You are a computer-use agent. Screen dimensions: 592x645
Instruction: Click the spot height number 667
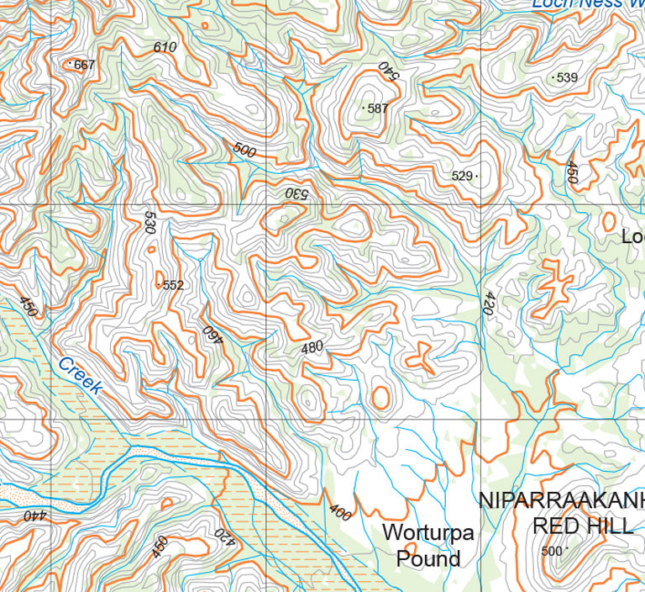coord(84,65)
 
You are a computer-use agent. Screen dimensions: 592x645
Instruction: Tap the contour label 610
coord(165,47)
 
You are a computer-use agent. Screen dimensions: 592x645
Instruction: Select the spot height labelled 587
coord(377,108)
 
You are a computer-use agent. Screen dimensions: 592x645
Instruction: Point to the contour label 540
coord(385,70)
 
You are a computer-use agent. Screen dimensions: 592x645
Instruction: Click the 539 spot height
coord(567,78)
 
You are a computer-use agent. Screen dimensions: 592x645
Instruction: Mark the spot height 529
coord(462,176)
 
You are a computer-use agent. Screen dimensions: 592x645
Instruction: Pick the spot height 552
coord(172,285)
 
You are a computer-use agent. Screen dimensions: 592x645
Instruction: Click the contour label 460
coord(210,336)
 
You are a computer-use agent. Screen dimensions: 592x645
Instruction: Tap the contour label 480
coord(312,346)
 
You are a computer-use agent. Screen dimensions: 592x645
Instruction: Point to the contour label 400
coord(340,511)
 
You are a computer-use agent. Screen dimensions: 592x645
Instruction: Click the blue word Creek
coord(81,376)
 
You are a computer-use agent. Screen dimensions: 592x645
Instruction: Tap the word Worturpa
coord(427,532)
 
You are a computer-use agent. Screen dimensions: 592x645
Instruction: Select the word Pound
coord(427,558)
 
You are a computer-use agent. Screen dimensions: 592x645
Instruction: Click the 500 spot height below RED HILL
coord(551,552)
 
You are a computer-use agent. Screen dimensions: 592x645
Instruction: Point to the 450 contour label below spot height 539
coord(572,172)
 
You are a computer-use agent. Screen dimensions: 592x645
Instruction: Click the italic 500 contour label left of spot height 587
coord(244,150)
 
